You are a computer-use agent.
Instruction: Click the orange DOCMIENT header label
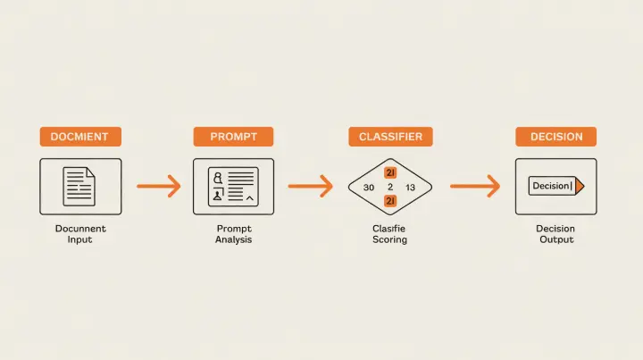[79, 137]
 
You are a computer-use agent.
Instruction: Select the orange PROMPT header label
[233, 137]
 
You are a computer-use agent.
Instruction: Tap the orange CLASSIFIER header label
[390, 137]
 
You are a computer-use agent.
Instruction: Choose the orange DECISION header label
[555, 137]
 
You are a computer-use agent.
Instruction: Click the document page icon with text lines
[79, 186]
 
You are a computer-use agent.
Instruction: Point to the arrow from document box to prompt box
[159, 187]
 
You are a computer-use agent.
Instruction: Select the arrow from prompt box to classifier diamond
[310, 187]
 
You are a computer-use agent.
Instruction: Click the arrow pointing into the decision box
[474, 187]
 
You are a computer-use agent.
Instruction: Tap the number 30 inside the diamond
[369, 188]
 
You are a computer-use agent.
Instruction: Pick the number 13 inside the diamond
[410, 188]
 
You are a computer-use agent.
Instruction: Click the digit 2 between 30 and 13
[390, 188]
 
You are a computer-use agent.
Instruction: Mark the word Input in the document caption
[80, 240]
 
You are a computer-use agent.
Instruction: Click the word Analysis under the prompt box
[233, 240]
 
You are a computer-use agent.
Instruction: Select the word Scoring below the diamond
[389, 240]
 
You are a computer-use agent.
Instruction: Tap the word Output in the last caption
[555, 240]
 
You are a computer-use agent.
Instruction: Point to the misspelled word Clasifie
[389, 229]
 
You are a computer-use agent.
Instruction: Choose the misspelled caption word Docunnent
[80, 229]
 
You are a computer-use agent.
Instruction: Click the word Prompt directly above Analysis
[233, 229]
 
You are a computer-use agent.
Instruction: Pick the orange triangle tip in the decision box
[580, 186]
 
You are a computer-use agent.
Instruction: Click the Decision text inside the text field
[550, 186]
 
